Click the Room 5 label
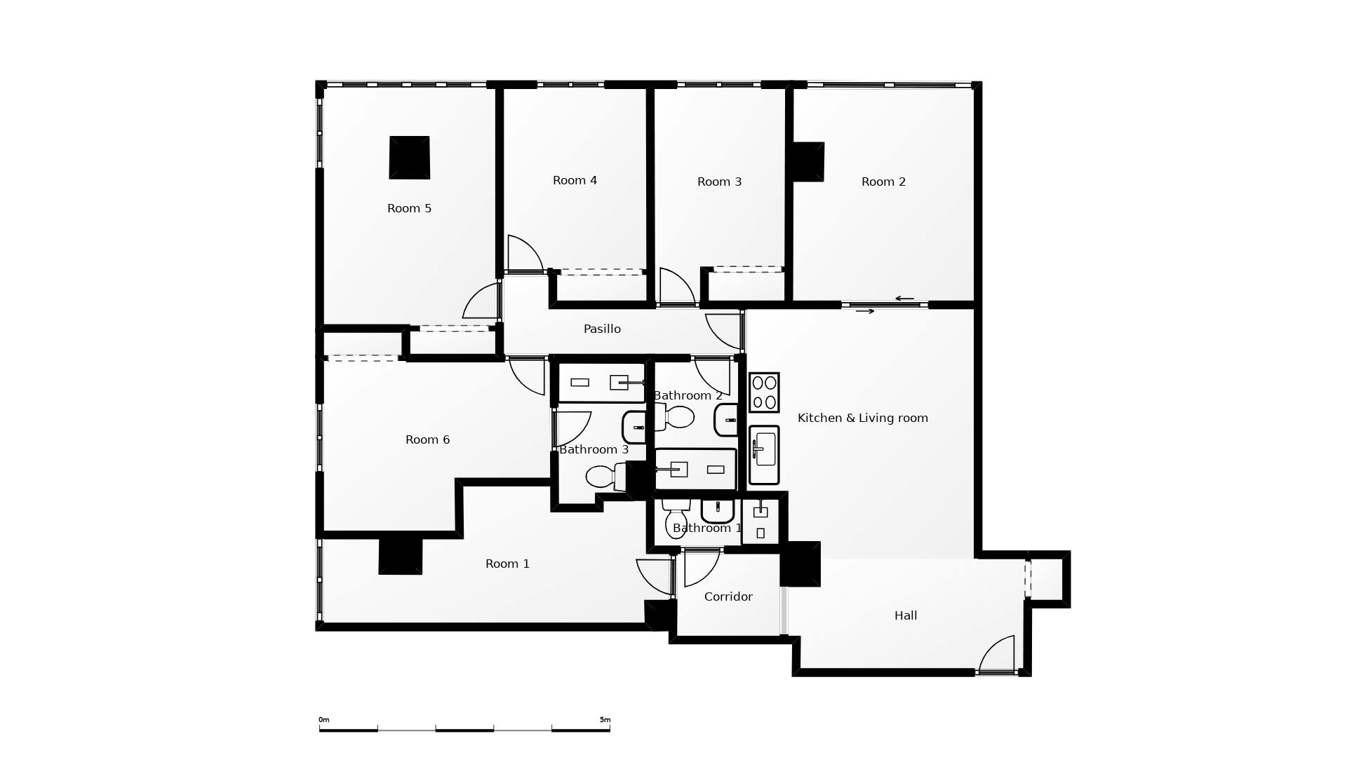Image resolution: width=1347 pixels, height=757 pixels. point(409,209)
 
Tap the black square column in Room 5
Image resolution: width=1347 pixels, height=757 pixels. point(410,158)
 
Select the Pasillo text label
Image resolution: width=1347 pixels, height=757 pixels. point(602,329)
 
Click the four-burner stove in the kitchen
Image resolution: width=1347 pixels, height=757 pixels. point(764,393)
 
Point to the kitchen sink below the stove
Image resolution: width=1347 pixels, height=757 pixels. point(764,454)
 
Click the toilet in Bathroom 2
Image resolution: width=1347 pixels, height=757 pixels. point(676,417)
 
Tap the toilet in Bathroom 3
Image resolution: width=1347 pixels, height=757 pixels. point(602,477)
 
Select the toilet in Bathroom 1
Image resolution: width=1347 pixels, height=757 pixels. point(676,520)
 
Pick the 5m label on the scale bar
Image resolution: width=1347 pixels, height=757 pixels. point(605,720)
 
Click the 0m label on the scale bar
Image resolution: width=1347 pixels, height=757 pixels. point(323,720)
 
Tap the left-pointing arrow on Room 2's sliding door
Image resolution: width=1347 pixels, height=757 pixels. point(904,299)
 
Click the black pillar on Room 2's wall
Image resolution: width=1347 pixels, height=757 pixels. point(807,162)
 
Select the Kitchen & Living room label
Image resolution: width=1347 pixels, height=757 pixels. point(862,418)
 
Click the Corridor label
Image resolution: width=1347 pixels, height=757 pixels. point(728,597)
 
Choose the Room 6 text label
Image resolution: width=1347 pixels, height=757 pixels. point(427,440)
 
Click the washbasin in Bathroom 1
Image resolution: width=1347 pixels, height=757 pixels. point(718,510)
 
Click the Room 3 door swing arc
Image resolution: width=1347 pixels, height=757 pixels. point(676,286)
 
